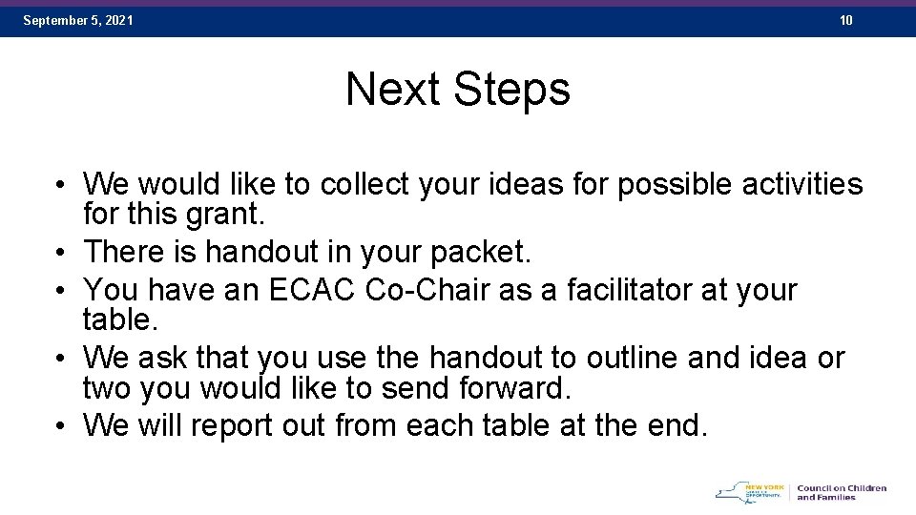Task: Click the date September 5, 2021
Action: point(78,20)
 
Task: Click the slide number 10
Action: point(846,20)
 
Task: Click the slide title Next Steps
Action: point(458,90)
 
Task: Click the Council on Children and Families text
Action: point(842,492)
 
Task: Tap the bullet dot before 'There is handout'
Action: point(59,253)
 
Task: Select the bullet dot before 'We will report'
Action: point(59,426)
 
